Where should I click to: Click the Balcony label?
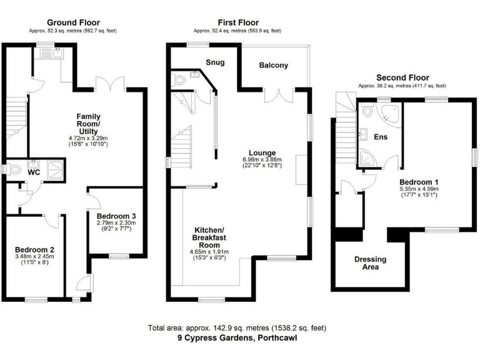point(274,66)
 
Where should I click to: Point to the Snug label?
point(215,62)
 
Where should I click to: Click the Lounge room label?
point(258,152)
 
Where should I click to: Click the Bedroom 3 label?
point(116,216)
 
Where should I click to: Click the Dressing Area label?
point(370,263)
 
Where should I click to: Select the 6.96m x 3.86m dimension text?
point(258,160)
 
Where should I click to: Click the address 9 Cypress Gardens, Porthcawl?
point(237,338)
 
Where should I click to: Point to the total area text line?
point(237,328)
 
